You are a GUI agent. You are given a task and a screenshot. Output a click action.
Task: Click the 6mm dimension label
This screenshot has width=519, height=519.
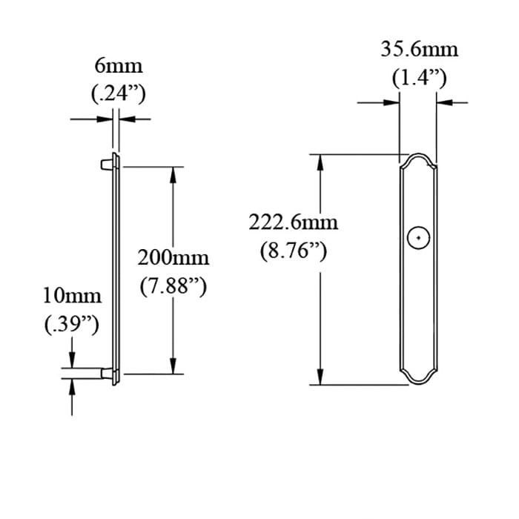[118, 66]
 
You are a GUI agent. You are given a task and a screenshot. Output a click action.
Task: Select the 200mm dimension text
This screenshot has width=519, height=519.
[173, 258]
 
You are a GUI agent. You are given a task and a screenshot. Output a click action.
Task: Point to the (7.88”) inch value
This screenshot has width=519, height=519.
[173, 285]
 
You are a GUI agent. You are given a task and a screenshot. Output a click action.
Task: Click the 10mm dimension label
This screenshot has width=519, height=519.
[71, 297]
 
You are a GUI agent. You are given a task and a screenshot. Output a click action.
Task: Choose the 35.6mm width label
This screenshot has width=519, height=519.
[419, 50]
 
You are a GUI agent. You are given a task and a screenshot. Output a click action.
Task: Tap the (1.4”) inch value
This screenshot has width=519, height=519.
[419, 78]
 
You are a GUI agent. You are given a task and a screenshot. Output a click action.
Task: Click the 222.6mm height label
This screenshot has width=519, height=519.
[294, 222]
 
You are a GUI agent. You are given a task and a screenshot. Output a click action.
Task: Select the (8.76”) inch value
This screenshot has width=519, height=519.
[294, 250]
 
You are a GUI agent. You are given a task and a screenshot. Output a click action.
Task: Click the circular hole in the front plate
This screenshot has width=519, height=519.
[418, 237]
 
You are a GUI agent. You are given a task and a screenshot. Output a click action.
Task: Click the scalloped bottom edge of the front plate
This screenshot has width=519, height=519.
[418, 382]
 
